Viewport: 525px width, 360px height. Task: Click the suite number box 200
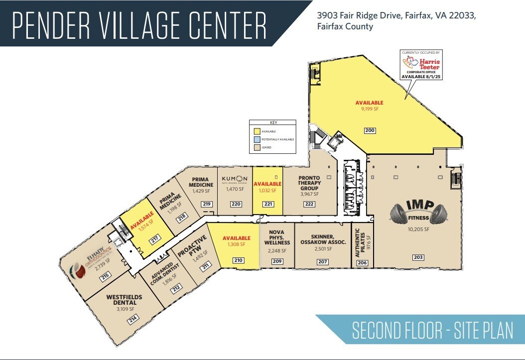370,130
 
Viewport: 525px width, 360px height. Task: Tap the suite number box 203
418,257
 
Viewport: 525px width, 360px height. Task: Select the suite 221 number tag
268,204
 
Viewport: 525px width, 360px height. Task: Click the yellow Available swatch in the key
256,130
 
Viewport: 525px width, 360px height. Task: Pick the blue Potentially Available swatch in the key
256,139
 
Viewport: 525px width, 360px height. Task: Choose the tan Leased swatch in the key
256,147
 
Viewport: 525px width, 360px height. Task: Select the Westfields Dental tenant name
124,300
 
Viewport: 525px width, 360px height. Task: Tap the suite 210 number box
238,259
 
